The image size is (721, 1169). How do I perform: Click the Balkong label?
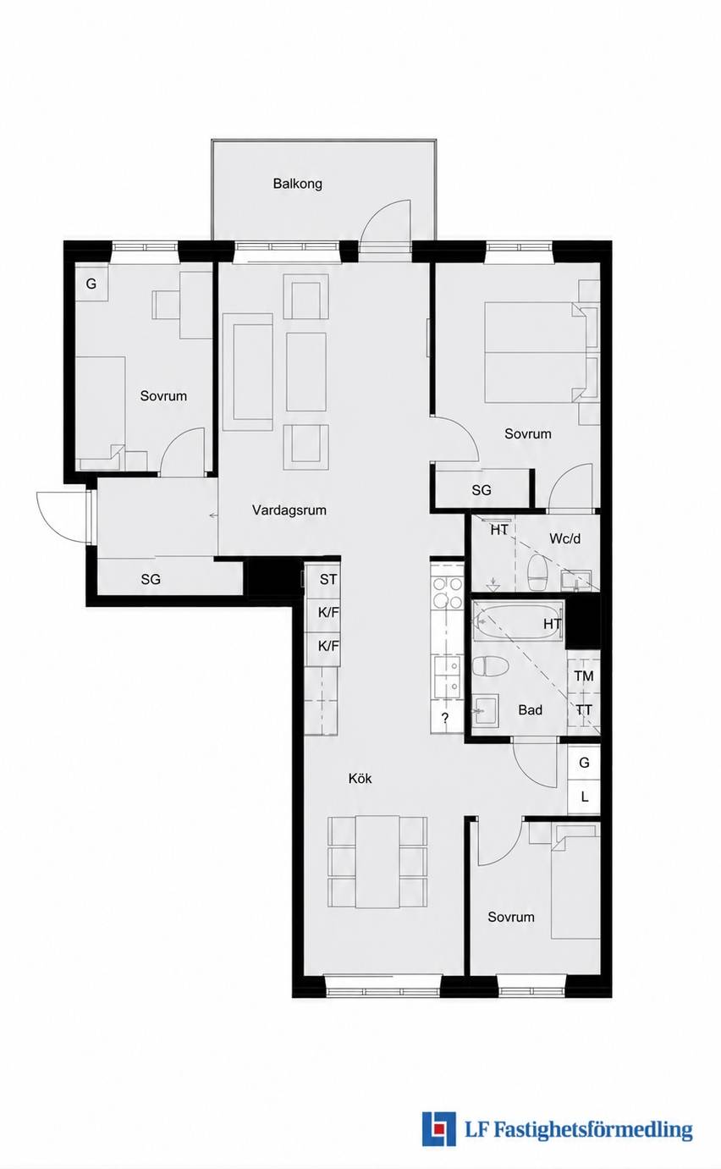point(297,184)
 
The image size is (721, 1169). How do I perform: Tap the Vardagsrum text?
point(289,510)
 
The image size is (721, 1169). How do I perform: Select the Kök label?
point(360,779)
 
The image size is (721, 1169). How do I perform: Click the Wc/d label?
point(564,538)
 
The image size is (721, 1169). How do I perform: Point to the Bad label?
point(530,709)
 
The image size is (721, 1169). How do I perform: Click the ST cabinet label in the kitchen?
point(328,579)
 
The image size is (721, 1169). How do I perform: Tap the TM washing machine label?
point(584,676)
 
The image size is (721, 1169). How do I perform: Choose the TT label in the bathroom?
point(584,710)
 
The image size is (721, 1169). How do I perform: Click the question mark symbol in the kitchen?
point(445,718)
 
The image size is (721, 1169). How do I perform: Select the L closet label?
point(584,797)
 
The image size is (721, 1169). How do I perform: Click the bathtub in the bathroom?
point(518,622)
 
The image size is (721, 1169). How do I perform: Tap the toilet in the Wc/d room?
point(537,572)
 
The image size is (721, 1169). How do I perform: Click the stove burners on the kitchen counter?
point(448,593)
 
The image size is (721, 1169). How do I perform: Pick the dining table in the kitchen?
point(377,863)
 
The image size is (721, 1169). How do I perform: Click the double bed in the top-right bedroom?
point(534,352)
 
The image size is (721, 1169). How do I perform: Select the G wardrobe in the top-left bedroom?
point(91,284)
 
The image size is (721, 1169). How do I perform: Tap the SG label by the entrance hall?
point(151,579)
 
